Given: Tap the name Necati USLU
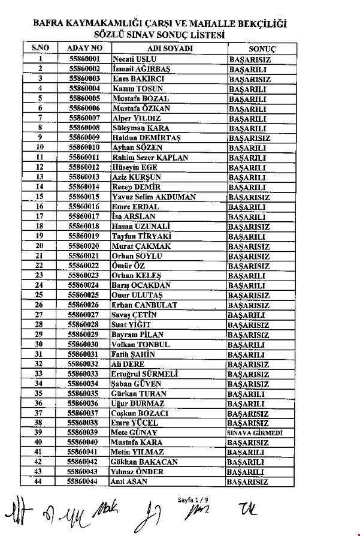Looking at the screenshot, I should coord(132,59).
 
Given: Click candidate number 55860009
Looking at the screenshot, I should coord(84,138).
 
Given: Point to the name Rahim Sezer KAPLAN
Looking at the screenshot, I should coord(150,158).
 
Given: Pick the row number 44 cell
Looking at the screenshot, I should coord(40,482).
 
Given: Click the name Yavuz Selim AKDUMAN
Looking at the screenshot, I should coord(153,197).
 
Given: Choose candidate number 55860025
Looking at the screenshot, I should coord(84,295).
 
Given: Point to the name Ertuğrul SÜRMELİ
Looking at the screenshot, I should coord(146,374).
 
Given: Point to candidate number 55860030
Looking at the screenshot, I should coord(84,344).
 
